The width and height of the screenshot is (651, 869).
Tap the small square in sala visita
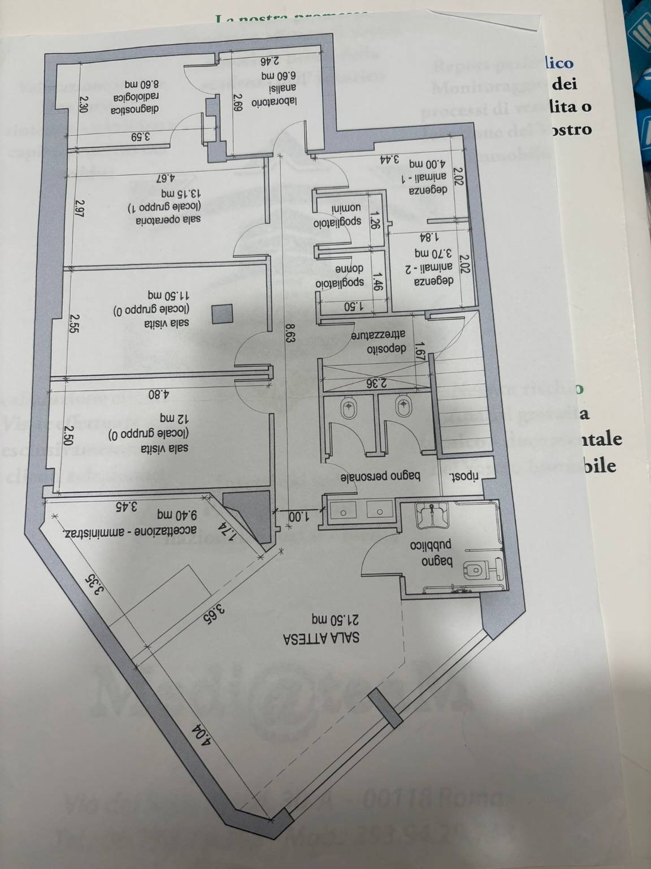pyautogui.click(x=222, y=313)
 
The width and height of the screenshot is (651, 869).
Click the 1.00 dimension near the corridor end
pyautogui.click(x=296, y=517)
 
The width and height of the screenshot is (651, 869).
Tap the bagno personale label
pyautogui.click(x=380, y=478)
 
